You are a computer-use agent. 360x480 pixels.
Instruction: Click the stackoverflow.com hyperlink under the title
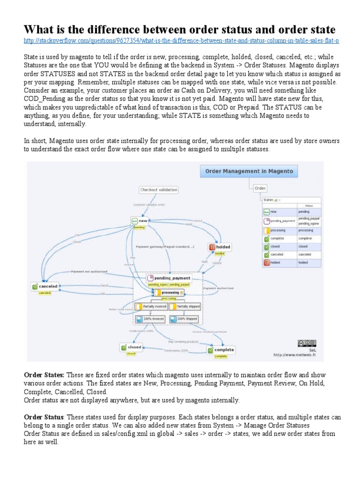(181, 41)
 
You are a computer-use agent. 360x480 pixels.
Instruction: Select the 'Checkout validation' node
(159, 190)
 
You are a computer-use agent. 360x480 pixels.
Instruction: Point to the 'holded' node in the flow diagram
(220, 247)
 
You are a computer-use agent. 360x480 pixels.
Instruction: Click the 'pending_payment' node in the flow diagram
(167, 278)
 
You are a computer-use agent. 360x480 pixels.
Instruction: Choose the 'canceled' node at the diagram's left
(45, 286)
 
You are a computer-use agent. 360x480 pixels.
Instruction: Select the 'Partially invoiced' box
(151, 307)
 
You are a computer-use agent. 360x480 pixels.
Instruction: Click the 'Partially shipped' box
(185, 307)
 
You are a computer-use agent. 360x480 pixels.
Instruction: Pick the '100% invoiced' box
(151, 319)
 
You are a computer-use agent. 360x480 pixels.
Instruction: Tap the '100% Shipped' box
(185, 319)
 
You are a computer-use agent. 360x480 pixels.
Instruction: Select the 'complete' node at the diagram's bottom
(221, 350)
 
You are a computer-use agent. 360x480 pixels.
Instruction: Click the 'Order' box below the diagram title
(260, 188)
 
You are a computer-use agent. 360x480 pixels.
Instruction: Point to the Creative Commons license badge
(307, 343)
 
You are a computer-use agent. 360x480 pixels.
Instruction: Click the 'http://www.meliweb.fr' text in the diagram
(294, 355)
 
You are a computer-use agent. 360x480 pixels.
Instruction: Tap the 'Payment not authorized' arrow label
(89, 271)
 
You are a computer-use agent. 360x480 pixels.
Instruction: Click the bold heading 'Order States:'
(45, 375)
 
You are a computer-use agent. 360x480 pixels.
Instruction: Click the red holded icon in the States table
(266, 262)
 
